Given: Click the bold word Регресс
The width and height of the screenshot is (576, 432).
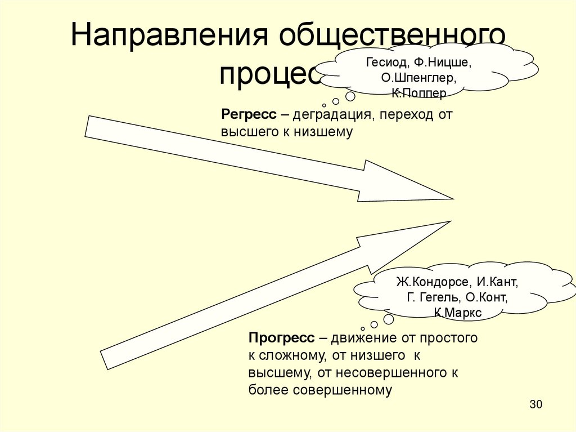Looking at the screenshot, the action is [x=249, y=114].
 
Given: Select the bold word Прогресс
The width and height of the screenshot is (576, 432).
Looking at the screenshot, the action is [x=282, y=338].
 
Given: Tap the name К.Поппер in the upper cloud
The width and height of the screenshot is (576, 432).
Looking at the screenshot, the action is [x=419, y=92].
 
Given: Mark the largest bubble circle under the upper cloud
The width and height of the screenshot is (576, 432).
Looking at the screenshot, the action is [x=350, y=96].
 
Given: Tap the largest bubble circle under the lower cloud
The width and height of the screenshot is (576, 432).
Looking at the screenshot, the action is [x=388, y=319].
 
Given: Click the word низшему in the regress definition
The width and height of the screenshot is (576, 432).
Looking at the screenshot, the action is [x=323, y=132].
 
